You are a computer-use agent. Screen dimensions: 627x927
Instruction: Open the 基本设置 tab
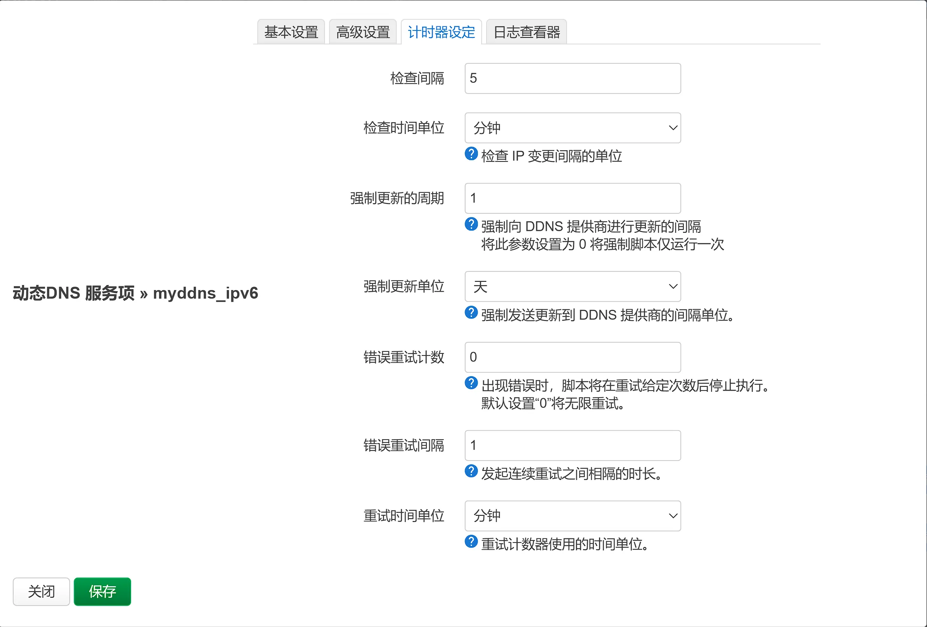tap(291, 32)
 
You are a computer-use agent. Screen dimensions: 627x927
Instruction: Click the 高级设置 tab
tap(363, 32)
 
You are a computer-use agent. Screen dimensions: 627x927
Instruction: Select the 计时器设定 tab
tap(441, 32)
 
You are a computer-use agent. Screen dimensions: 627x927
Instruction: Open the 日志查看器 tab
tap(527, 32)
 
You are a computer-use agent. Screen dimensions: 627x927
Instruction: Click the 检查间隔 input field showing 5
tap(572, 78)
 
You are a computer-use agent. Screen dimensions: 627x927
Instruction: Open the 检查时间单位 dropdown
tap(572, 128)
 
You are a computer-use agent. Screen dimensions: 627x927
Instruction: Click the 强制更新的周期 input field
tap(572, 198)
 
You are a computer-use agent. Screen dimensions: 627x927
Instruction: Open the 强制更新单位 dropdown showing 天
tap(572, 286)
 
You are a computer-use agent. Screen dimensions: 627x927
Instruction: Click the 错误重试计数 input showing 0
tap(572, 357)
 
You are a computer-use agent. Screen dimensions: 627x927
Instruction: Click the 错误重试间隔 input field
tap(572, 445)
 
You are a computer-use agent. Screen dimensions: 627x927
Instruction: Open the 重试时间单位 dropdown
tap(572, 516)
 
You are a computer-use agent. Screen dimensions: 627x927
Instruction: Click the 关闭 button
tap(41, 592)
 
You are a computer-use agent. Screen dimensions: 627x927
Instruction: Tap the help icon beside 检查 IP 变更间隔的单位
tap(471, 154)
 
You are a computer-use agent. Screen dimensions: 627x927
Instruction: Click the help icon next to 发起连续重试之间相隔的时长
tap(471, 471)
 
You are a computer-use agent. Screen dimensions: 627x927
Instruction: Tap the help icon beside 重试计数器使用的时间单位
tap(471, 541)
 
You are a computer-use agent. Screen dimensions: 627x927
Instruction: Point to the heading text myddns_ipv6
tap(205, 293)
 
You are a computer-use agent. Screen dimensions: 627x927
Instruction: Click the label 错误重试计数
tap(404, 357)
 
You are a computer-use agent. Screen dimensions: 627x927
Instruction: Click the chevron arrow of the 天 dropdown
tap(673, 286)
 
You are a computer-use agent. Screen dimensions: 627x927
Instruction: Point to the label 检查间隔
tap(417, 78)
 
